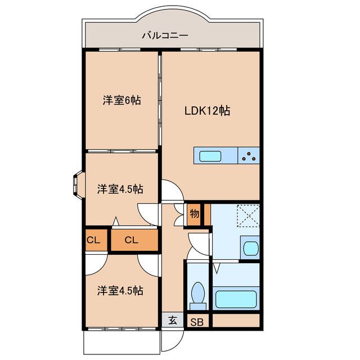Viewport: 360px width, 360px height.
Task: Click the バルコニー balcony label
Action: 165,35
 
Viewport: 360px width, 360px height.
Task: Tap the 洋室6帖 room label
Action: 121,101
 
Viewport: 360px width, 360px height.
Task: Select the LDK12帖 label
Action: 208,111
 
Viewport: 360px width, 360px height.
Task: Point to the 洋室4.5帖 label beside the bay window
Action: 119,189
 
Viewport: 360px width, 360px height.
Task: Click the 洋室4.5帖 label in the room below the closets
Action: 119,291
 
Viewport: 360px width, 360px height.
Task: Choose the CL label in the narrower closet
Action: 93,240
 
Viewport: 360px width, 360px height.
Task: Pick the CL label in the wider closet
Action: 131,240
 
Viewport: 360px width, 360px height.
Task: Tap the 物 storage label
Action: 194,213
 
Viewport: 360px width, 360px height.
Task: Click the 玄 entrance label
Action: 173,321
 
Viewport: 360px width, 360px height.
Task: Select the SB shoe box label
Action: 196,322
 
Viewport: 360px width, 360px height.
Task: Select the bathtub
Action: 237,298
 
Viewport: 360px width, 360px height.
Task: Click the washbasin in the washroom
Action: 250,247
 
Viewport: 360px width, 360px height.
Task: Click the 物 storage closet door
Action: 179,214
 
